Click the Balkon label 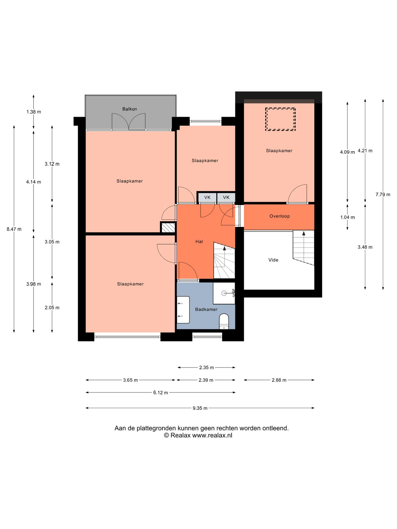tap(130, 109)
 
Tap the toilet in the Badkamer tap(224, 321)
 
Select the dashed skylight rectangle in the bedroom tap(280, 119)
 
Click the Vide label tap(273, 260)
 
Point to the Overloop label tap(280, 216)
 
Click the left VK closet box tap(207, 197)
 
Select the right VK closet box tap(226, 197)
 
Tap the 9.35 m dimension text tap(200, 408)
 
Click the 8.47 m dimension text tap(14, 229)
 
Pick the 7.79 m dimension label tap(383, 195)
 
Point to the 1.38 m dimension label tap(34, 112)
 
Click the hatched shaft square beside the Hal tap(168, 228)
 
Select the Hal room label tap(199, 242)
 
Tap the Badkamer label tap(206, 309)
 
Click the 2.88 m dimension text tap(279, 380)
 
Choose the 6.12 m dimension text tap(160, 393)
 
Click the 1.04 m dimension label tap(347, 217)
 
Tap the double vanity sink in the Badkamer tap(183, 310)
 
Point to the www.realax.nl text tap(212, 435)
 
